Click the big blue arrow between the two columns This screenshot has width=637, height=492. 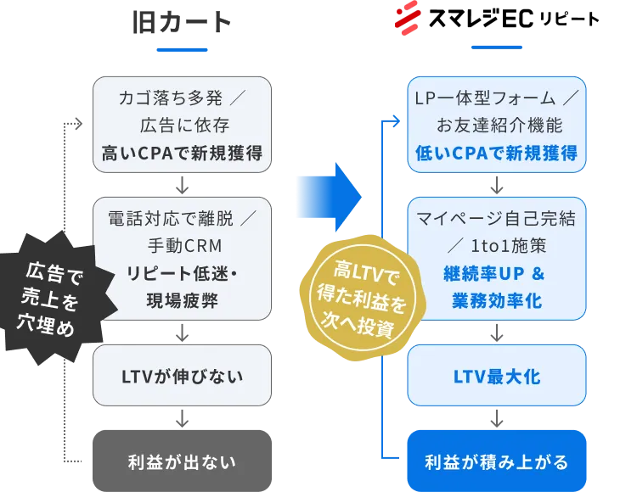point(329,195)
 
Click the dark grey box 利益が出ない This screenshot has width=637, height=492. point(181,461)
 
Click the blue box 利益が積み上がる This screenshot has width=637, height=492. point(497,461)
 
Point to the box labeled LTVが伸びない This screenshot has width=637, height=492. point(181,375)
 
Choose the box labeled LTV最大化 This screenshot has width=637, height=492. point(497,375)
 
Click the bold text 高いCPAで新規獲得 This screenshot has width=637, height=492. point(181,153)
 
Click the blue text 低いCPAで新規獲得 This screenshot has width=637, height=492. point(497,153)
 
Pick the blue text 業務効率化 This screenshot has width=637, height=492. point(497,300)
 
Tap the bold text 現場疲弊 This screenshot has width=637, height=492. point(181,300)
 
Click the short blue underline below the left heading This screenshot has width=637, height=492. point(182,50)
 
